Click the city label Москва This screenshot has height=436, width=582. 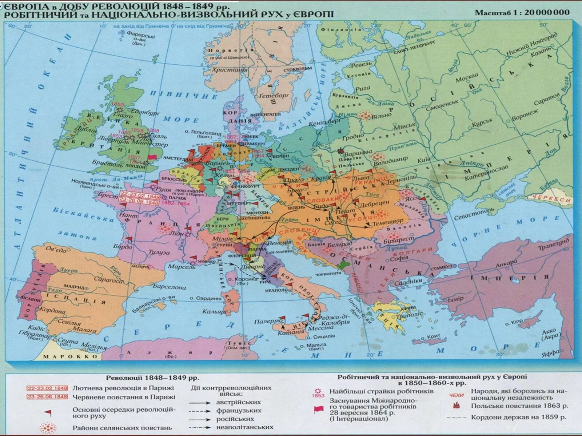tap(467, 77)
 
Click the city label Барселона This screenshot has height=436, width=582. tap(169, 286)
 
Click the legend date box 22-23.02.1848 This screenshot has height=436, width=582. tap(47, 388)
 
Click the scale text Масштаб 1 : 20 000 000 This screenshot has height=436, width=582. tap(522, 12)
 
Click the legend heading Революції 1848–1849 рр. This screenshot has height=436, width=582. tap(152, 378)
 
